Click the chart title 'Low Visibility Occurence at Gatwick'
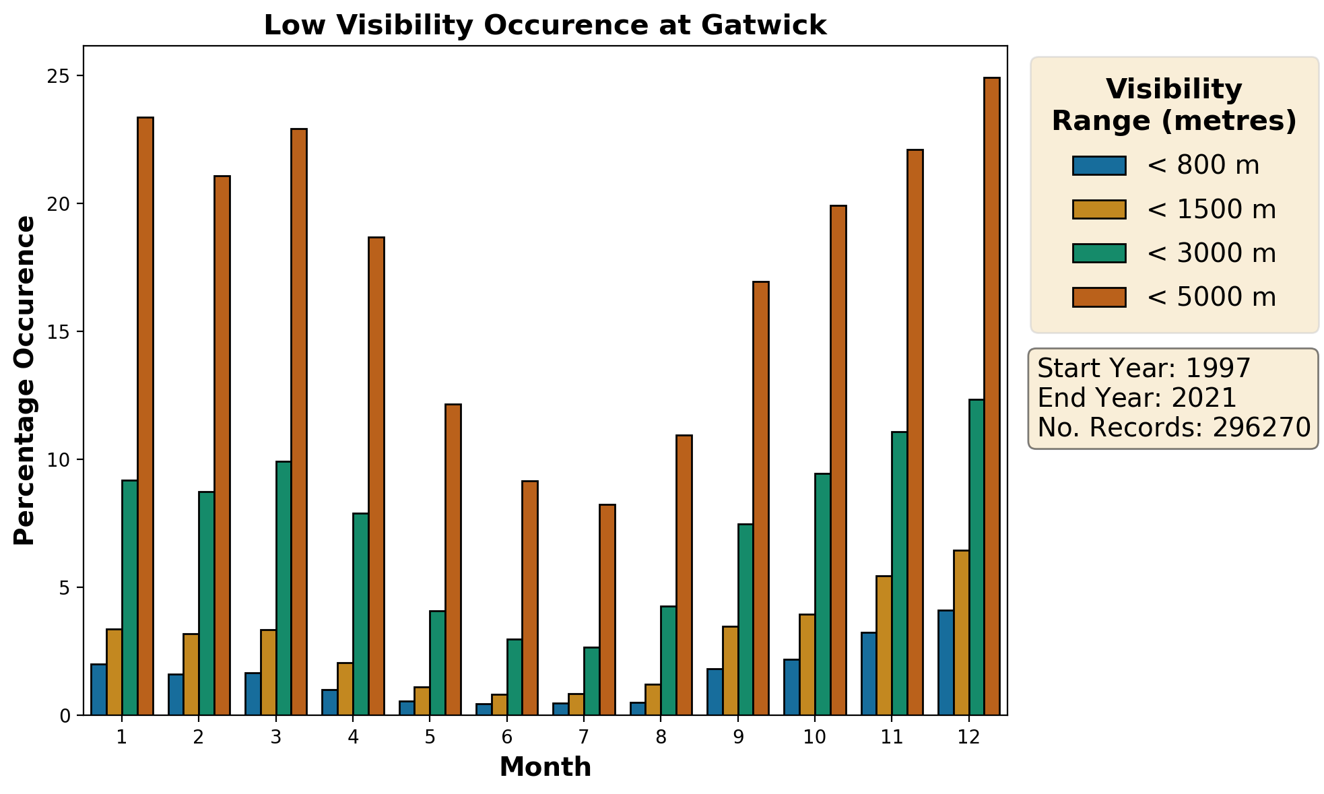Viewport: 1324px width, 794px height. [544, 26]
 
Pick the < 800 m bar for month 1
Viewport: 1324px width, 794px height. [99, 690]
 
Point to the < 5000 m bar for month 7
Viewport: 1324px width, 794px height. [607, 609]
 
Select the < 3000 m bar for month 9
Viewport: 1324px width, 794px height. [746, 619]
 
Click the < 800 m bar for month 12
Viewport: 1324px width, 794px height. [945, 663]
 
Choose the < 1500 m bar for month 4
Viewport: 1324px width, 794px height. [345, 689]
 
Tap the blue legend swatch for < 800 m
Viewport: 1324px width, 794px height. [1099, 166]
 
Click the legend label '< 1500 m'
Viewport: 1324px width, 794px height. [1211, 210]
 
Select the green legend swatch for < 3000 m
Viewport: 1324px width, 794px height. [1099, 253]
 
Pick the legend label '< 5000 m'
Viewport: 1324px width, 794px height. [1211, 297]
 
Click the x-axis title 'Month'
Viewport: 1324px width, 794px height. [545, 767]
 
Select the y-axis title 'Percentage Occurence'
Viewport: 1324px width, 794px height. [25, 381]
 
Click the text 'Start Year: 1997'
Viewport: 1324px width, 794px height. [1144, 368]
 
